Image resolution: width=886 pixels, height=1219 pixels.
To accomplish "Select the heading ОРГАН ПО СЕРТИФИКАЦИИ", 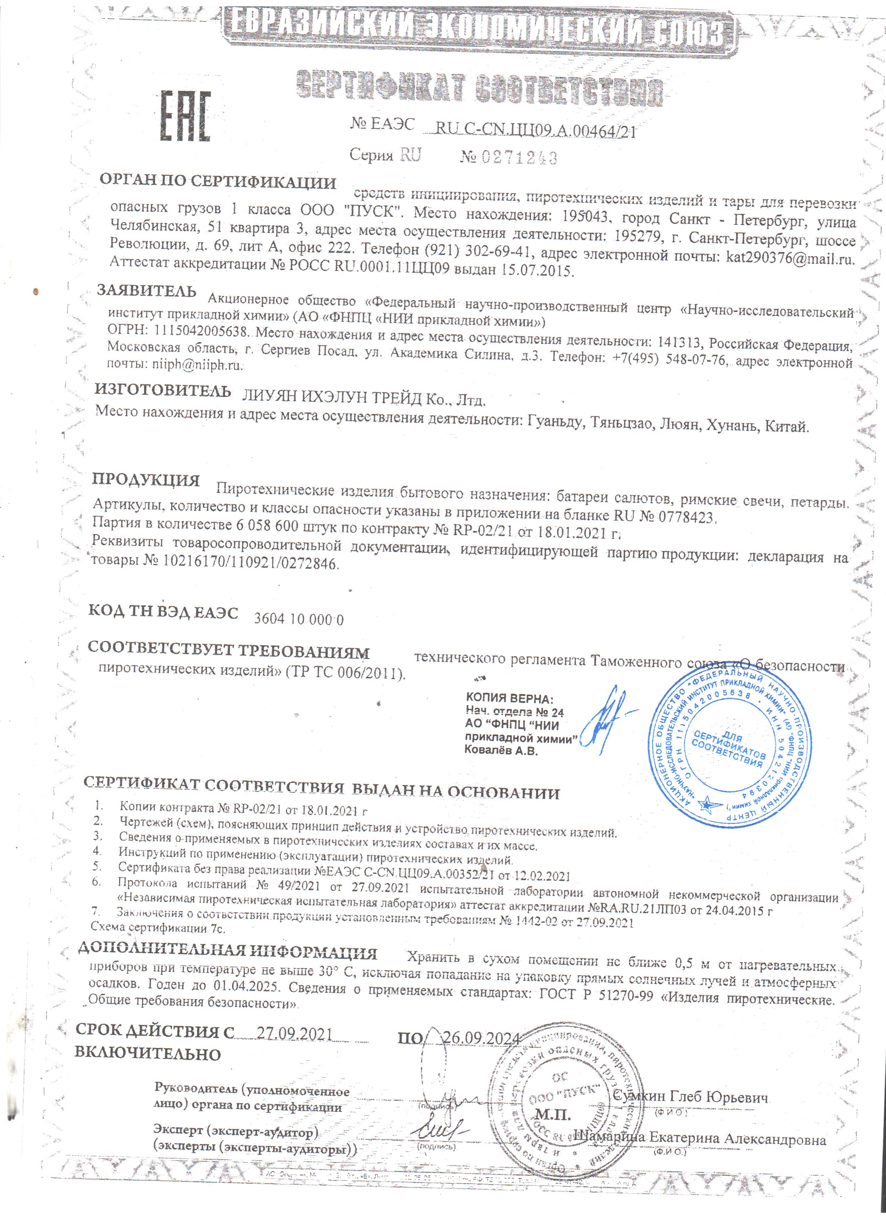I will (x=218, y=182).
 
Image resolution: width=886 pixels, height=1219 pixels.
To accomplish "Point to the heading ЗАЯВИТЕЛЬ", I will (x=147, y=291).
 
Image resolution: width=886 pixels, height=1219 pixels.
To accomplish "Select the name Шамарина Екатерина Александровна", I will (x=700, y=1140).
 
